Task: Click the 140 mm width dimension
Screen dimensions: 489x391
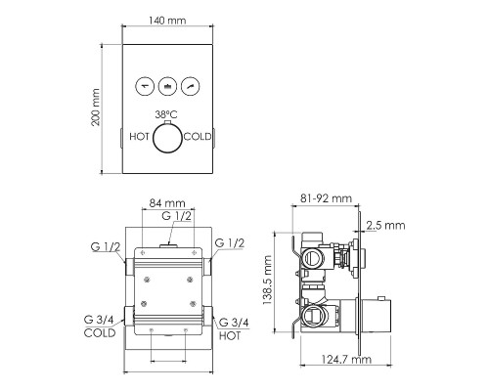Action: (167, 21)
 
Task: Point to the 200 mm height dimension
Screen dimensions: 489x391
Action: (96, 108)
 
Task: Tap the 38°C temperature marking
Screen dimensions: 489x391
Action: (166, 114)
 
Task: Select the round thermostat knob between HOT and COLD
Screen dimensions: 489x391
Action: (167, 138)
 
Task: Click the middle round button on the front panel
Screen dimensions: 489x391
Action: (167, 87)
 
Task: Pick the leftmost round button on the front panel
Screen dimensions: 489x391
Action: (145, 87)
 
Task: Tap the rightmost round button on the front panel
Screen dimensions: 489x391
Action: (191, 87)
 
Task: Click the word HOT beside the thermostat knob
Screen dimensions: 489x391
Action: (139, 137)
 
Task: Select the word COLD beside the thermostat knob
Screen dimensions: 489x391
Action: (198, 137)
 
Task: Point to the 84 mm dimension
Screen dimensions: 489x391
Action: (167, 203)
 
